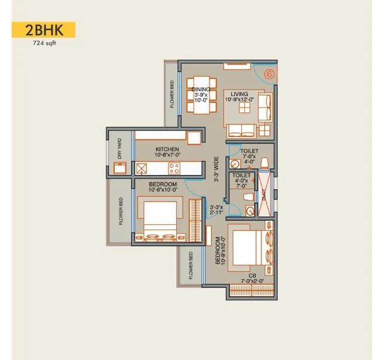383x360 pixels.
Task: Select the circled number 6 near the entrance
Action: [269, 74]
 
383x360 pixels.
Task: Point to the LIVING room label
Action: [239, 94]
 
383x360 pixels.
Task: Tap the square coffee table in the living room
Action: [249, 105]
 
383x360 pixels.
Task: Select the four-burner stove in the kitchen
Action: [174, 169]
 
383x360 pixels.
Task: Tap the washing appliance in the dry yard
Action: [121, 168]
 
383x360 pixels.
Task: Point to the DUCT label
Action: [264, 193]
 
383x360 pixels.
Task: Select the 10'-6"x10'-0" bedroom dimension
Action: [155, 190]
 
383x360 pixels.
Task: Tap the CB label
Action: [252, 275]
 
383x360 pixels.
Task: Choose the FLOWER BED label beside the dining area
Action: [172, 94]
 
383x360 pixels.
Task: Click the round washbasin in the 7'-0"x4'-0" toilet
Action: [234, 164]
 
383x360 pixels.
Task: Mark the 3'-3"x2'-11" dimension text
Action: [216, 210]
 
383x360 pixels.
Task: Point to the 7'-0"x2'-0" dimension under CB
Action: [252, 282]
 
